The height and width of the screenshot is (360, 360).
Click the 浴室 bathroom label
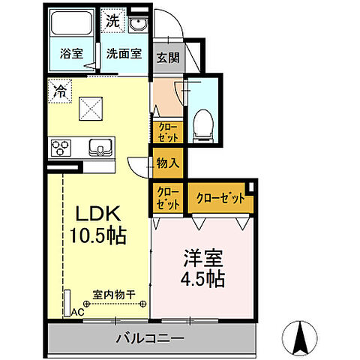click(72, 53)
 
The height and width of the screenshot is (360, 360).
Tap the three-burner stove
click(59, 147)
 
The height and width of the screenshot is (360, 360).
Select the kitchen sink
click(100, 147)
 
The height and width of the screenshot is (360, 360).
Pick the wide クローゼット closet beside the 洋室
click(220, 199)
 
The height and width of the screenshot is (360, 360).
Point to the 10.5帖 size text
click(97, 235)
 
